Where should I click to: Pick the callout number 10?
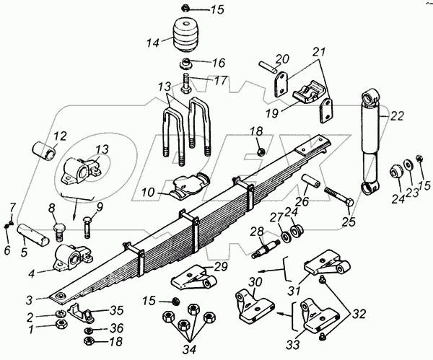tap(147, 193)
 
